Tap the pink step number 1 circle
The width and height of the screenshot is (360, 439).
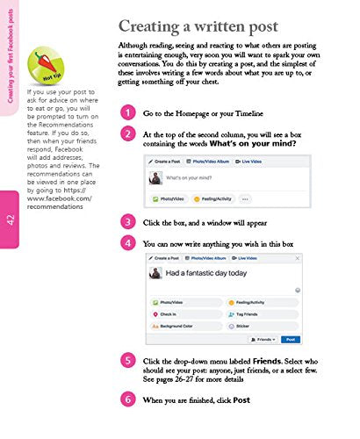pos(128,138)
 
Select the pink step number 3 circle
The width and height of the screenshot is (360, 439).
pos(128,221)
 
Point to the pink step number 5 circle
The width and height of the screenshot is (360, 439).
pos(128,361)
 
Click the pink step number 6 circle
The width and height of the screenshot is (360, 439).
pos(128,399)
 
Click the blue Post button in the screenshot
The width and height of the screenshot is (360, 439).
pos(289,338)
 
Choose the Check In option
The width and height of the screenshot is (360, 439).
pos(169,312)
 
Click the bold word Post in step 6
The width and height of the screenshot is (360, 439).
pos(241,400)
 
